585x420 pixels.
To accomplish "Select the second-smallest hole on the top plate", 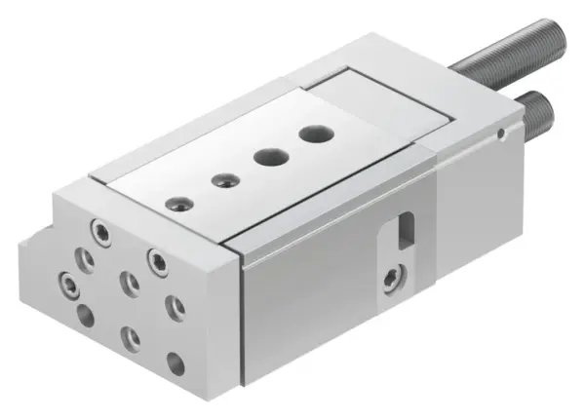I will coord(225,178).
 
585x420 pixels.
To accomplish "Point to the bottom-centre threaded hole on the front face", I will coord(131,337).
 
